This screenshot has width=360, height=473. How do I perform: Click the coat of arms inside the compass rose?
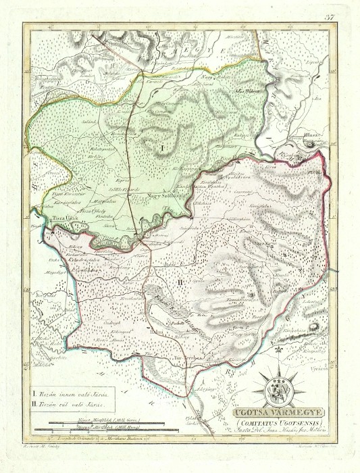280,388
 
